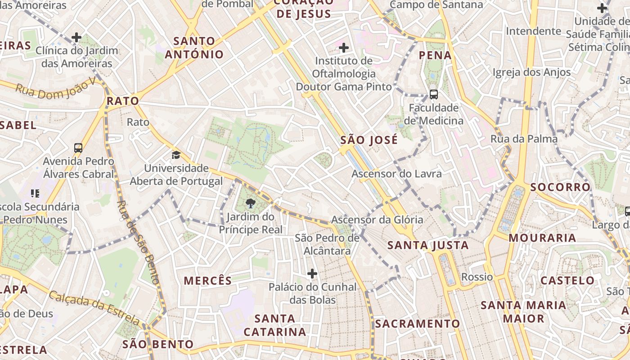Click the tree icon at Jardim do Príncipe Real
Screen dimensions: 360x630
pyautogui.click(x=251, y=203)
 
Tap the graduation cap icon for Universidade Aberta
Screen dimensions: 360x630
pyautogui.click(x=176, y=155)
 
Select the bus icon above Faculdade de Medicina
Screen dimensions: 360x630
pyautogui.click(x=434, y=94)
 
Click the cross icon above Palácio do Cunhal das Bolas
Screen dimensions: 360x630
pyautogui.click(x=312, y=273)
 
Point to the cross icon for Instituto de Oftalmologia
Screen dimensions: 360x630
pyautogui.click(x=344, y=47)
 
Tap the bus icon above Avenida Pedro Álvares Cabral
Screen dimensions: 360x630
pyautogui.click(x=78, y=148)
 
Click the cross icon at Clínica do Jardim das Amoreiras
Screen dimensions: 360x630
pyautogui.click(x=76, y=37)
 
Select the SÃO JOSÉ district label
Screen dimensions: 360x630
pyautogui.click(x=369, y=140)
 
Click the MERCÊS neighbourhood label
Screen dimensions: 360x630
pyautogui.click(x=208, y=281)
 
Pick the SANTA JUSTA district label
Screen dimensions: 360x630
pyautogui.click(x=428, y=245)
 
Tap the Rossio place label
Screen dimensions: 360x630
pyautogui.click(x=477, y=277)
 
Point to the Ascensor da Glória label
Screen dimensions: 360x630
pyautogui.click(x=377, y=220)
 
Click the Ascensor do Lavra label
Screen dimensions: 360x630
pyautogui.click(x=396, y=174)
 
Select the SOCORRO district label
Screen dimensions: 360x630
pyautogui.click(x=560, y=187)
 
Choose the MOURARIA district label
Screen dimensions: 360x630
pyautogui.click(x=542, y=238)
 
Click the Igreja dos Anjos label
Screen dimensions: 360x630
pyautogui.click(x=531, y=72)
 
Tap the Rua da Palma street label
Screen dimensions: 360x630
pyautogui.click(x=524, y=139)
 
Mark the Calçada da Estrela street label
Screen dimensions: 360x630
pyautogui.click(x=94, y=308)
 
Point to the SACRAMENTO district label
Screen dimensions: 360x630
pyautogui.click(x=418, y=324)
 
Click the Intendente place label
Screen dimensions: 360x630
pyautogui.click(x=533, y=31)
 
